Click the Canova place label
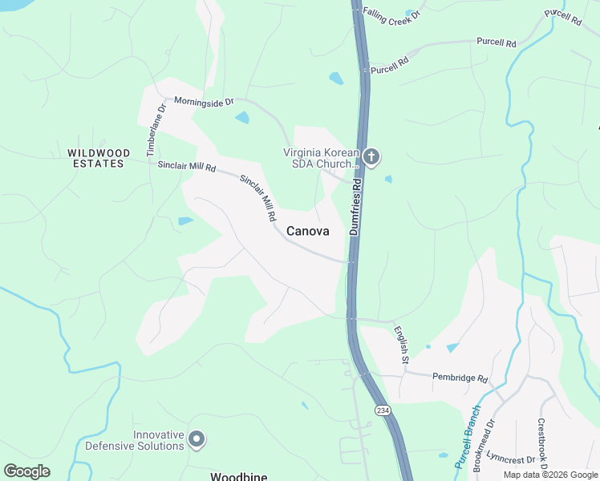tap(307, 231)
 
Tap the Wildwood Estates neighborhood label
tap(95, 158)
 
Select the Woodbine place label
tap(238, 476)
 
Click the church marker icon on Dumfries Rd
tap(371, 157)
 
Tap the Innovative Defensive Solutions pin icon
tap(197, 439)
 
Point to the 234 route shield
tap(382, 410)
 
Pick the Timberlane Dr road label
tap(152, 129)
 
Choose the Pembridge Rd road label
tap(460, 377)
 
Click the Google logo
tap(26, 471)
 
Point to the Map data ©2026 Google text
tap(549, 475)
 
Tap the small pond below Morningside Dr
tap(241, 118)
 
